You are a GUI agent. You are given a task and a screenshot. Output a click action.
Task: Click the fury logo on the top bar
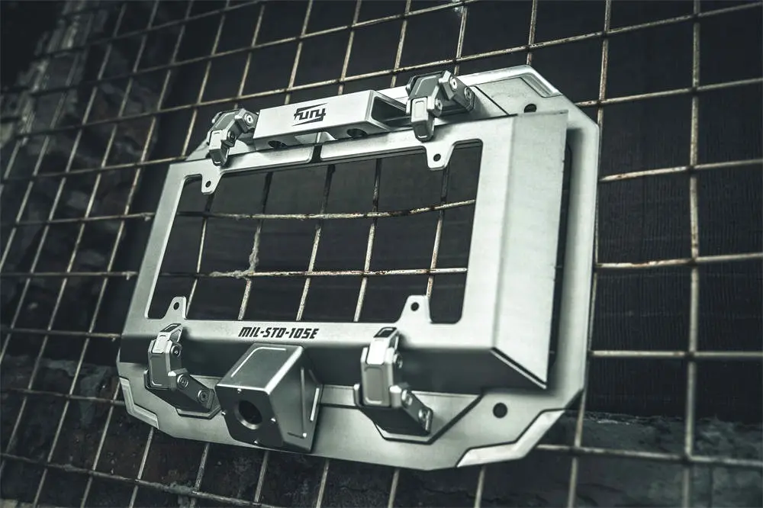pyautogui.click(x=310, y=114)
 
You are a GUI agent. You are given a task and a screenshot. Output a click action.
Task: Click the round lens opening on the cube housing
pyautogui.click(x=249, y=414)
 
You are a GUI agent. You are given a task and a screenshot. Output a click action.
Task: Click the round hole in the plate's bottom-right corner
pyautogui.click(x=500, y=410)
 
